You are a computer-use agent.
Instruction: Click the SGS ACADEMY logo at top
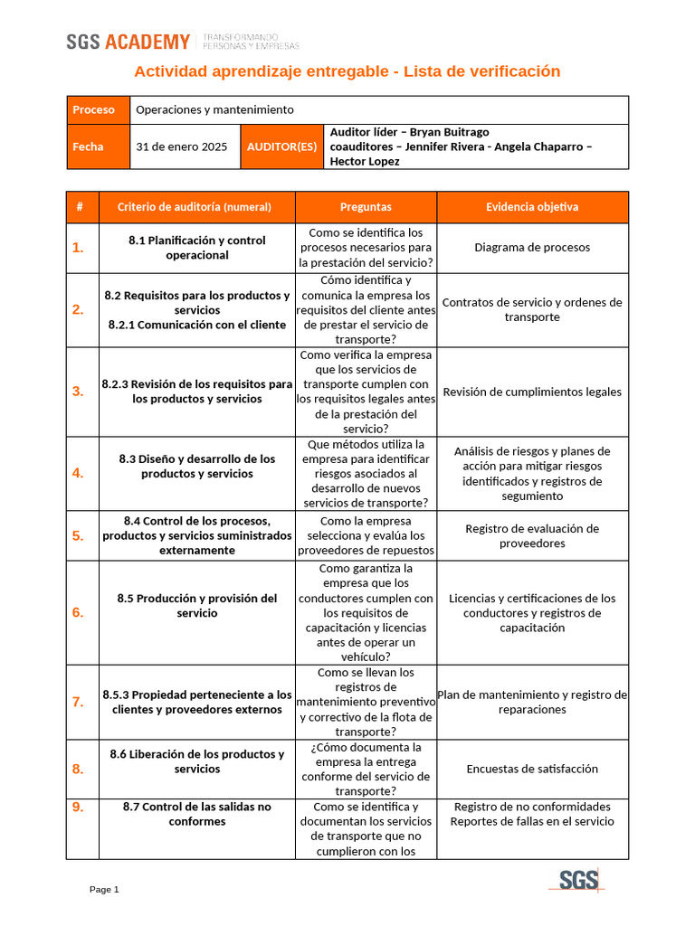(129, 42)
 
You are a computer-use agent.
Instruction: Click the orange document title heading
(347, 71)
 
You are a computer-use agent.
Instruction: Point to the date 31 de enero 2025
(182, 146)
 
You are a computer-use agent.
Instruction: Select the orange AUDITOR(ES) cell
(281, 146)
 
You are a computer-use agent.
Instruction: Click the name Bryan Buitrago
(449, 132)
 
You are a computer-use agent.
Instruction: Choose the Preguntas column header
(366, 207)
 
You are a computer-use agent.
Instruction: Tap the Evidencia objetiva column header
(532, 207)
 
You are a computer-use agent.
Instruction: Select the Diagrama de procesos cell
(532, 248)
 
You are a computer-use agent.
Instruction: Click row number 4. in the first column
(78, 473)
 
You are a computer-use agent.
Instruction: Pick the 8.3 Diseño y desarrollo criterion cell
(197, 467)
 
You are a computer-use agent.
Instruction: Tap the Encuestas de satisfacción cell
(532, 769)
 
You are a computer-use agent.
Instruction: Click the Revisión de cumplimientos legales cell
(532, 392)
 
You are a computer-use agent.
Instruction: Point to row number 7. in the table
(78, 702)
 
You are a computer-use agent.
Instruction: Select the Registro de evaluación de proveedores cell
(532, 536)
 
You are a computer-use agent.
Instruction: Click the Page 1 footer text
(104, 890)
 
